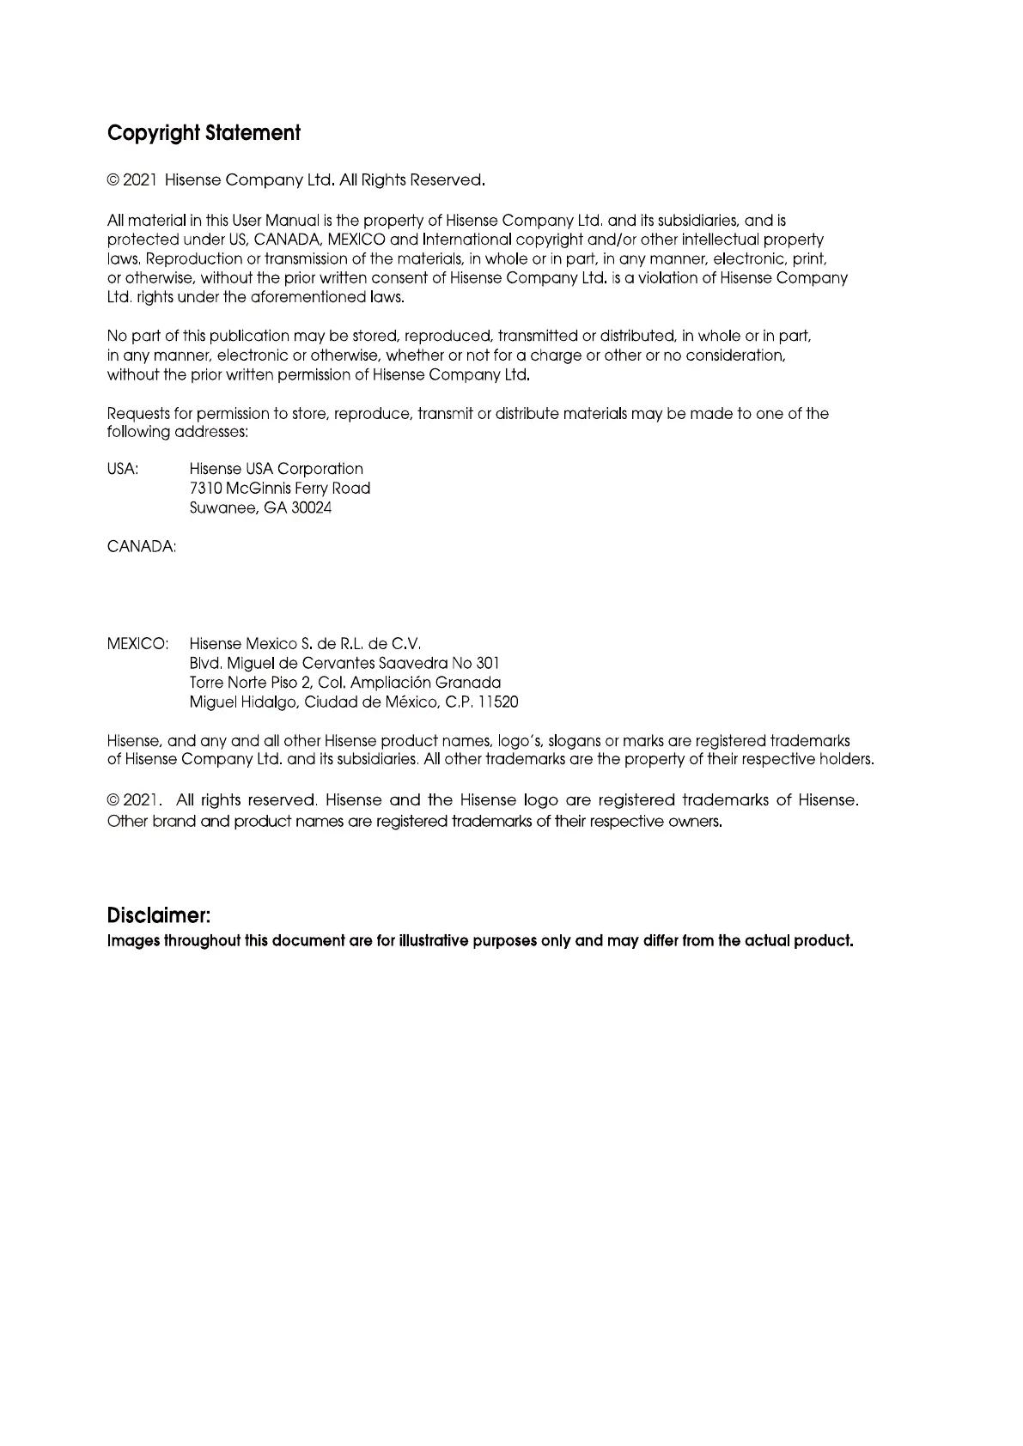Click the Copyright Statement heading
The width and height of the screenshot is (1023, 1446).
tap(204, 133)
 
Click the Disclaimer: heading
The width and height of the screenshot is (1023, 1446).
tap(159, 914)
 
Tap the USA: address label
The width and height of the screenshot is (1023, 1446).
tap(123, 469)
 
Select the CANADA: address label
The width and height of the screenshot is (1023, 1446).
tap(142, 547)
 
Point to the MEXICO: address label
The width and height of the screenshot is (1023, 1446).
tap(137, 644)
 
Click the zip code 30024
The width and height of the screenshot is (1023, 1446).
tap(312, 508)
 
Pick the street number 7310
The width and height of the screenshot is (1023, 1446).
tap(205, 489)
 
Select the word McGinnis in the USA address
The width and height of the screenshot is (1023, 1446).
tap(258, 489)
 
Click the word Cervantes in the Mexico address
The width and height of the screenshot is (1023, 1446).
tap(339, 664)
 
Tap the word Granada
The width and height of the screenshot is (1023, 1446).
tap(468, 684)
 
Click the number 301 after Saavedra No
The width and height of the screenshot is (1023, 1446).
tap(487, 664)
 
